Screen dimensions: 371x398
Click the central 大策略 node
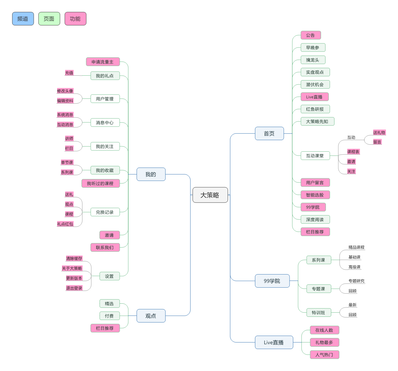[210, 195]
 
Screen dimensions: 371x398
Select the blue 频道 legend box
[23, 19]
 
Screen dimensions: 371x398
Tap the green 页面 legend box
[49, 19]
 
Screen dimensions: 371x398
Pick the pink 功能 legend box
[75, 19]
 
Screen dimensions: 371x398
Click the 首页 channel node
[269, 133]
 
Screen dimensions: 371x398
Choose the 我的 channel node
[151, 174]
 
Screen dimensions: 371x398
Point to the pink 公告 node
[310, 35]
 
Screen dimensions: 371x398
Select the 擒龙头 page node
[313, 60]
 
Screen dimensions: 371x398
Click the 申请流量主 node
[103, 62]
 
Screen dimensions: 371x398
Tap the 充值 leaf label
[69, 73]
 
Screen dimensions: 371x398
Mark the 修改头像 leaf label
[65, 91]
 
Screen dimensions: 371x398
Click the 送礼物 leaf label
[379, 132]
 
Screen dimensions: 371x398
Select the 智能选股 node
[315, 195]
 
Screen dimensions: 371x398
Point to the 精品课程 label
[356, 247]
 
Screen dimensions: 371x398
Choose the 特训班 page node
[318, 313]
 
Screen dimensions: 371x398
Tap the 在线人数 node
[324, 330]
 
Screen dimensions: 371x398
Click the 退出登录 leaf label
[74, 288]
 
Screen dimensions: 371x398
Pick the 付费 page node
[109, 316]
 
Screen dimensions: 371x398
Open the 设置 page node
[109, 276]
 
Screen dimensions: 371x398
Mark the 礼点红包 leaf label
[65, 224]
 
